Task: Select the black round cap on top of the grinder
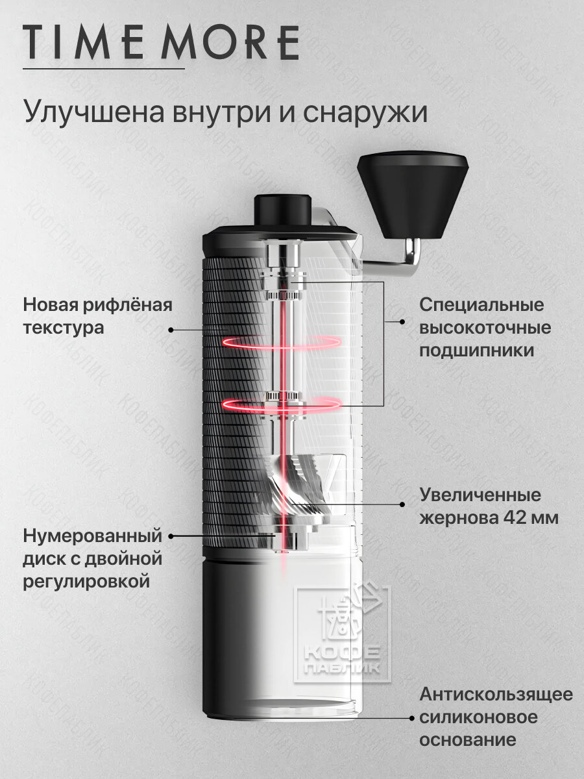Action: (x=282, y=208)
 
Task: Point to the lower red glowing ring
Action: (x=282, y=404)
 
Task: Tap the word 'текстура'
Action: (x=63, y=328)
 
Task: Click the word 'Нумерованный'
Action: (x=91, y=536)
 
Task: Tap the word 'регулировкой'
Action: (x=86, y=581)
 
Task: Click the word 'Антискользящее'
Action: (x=496, y=695)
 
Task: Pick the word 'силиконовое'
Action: (x=478, y=717)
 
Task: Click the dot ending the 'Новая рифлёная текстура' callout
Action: (x=171, y=330)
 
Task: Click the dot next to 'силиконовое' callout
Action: (x=412, y=719)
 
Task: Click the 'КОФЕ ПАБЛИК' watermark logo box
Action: (x=343, y=633)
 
